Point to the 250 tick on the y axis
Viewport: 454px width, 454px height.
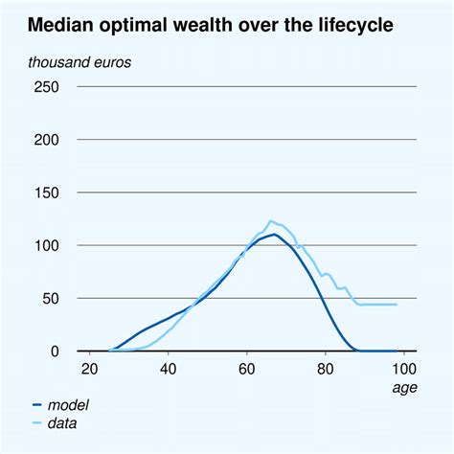[x=46, y=87]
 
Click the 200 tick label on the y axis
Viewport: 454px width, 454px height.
[x=46, y=140]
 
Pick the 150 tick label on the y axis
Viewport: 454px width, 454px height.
[x=46, y=193]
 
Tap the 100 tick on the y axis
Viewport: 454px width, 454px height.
[x=46, y=246]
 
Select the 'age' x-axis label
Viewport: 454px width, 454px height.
[x=403, y=388]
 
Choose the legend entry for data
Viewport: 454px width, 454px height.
[x=63, y=421]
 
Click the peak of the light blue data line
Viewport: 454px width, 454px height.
[x=271, y=221]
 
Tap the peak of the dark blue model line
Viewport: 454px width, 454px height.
[x=274, y=234]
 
